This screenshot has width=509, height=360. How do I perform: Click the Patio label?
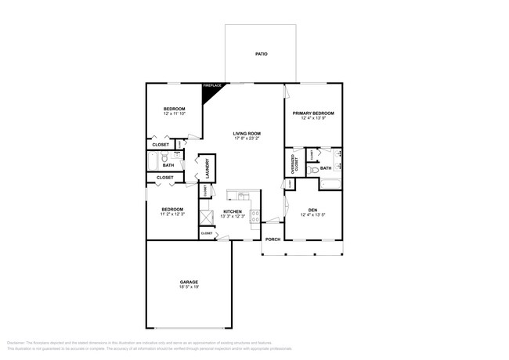261,54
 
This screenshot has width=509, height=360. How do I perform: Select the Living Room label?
247,134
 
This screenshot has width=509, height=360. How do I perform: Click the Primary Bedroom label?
314,113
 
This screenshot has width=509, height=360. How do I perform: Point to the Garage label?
188,282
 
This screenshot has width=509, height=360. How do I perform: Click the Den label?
312,210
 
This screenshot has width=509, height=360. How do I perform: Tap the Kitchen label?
233,212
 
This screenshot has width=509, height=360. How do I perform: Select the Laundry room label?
208,168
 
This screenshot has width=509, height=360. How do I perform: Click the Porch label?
273,239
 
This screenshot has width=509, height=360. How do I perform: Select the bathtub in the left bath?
153,161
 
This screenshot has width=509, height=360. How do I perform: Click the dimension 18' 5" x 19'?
188,287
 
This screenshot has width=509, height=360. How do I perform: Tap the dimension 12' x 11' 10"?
174,113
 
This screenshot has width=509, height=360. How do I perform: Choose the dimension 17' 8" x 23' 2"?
247,139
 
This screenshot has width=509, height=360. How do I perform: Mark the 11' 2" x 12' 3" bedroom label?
172,209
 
